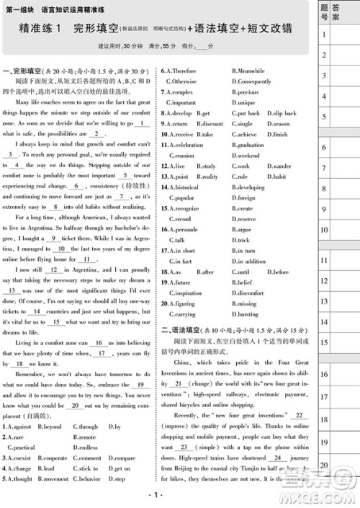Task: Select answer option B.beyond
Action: click(x=48, y=427)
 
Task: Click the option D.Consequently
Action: click(x=251, y=81)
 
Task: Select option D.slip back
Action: click(x=281, y=113)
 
